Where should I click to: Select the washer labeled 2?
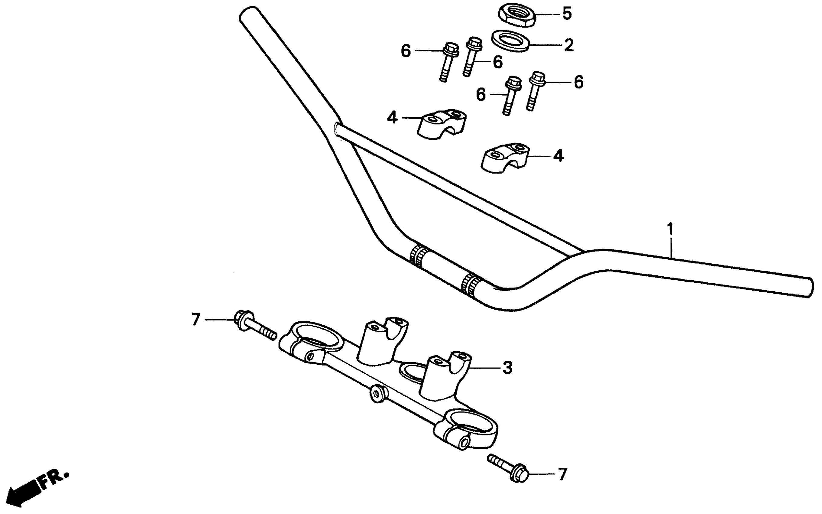pyautogui.click(x=510, y=41)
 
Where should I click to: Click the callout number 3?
pyautogui.click(x=507, y=367)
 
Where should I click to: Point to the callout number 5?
pyautogui.click(x=567, y=14)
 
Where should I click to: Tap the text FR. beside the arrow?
pyautogui.click(x=54, y=480)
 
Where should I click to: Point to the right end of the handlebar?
pyautogui.click(x=808, y=288)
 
